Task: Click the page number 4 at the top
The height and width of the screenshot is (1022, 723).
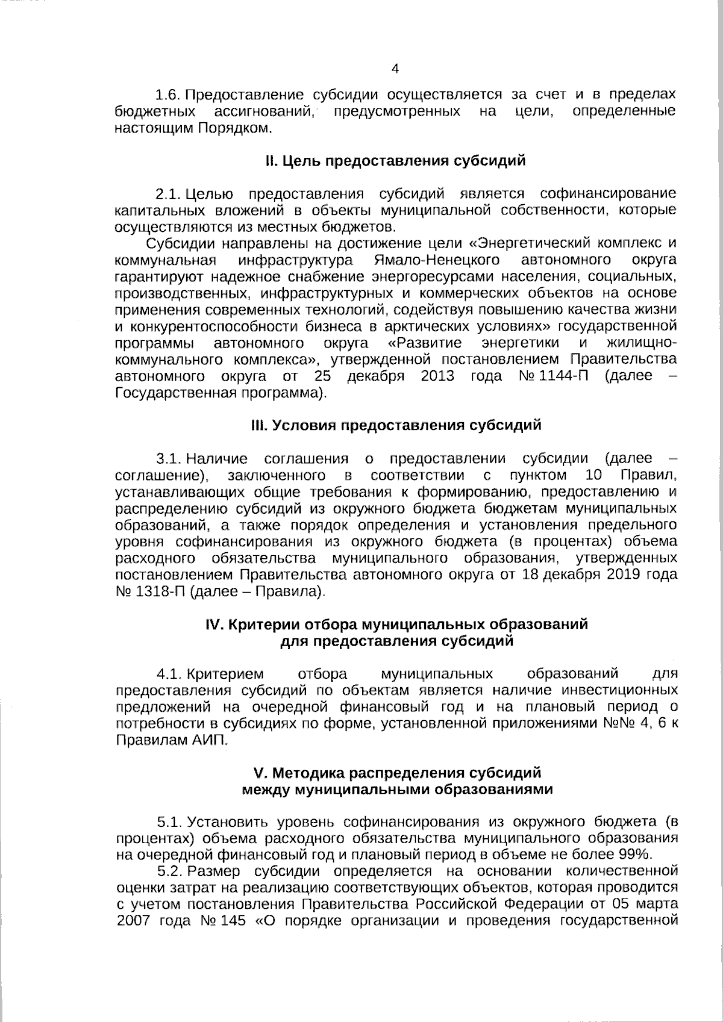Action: (395, 69)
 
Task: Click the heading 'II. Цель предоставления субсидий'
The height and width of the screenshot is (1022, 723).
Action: (395, 161)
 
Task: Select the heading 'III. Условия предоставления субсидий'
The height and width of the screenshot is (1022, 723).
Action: (396, 425)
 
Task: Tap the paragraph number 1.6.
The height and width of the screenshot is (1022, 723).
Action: (168, 95)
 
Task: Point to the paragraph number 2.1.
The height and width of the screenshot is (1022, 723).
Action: (168, 194)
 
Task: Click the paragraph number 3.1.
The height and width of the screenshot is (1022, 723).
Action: (168, 459)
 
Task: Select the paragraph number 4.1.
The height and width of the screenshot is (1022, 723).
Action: (169, 673)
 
